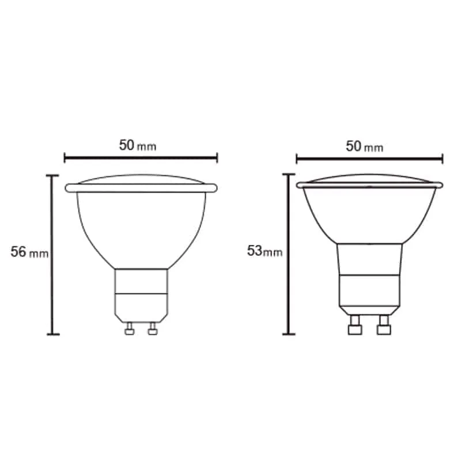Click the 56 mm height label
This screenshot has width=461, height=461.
[29, 252]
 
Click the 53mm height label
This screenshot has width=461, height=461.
[264, 251]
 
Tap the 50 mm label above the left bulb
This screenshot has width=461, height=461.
[138, 145]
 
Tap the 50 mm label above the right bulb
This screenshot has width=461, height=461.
[365, 146]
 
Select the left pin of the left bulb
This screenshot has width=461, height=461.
[129, 328]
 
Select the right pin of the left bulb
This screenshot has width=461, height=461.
[153, 328]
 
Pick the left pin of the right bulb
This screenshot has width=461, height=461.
[355, 325]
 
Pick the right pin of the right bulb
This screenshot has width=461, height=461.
[384, 325]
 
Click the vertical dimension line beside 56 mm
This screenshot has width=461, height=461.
[53, 255]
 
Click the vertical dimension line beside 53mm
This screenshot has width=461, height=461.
[289, 254]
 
